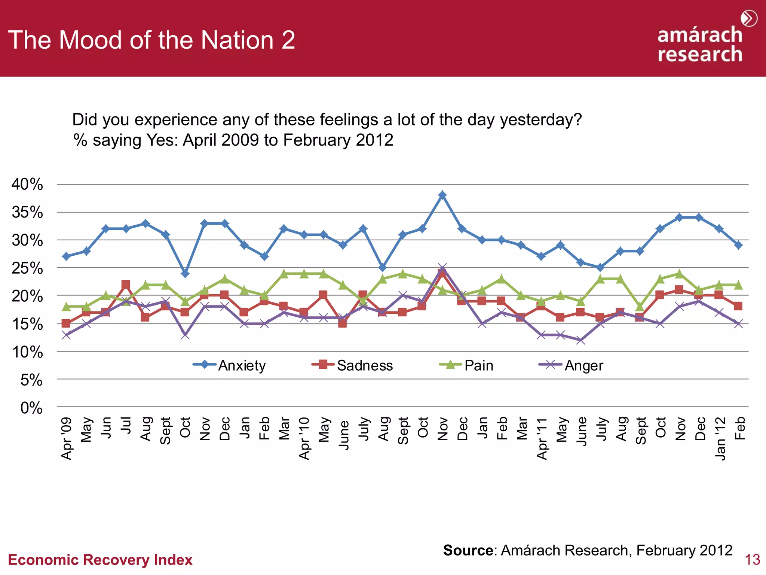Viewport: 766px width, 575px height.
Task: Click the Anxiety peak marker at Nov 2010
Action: pyautogui.click(x=442, y=195)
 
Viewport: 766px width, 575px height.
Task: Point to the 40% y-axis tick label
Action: pyautogui.click(x=27, y=184)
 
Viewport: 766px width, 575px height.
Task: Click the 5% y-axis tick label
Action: pyautogui.click(x=31, y=380)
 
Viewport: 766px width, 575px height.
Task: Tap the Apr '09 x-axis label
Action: pyautogui.click(x=67, y=438)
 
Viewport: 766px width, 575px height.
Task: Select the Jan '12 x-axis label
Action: pyautogui.click(x=720, y=438)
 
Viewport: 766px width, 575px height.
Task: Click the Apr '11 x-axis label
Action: pyautogui.click(x=542, y=438)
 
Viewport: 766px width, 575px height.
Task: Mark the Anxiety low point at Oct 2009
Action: pyautogui.click(x=185, y=274)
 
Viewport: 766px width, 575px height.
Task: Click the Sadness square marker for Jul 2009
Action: pyautogui.click(x=126, y=285)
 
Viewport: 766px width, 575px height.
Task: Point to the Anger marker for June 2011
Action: pyautogui.click(x=580, y=340)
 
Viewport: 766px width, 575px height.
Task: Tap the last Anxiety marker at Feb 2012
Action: pyautogui.click(x=738, y=245)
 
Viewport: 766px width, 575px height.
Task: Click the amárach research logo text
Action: pyautogui.click(x=699, y=44)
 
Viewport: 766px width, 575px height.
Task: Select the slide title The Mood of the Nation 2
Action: pyautogui.click(x=151, y=40)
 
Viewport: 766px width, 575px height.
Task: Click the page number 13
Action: pyautogui.click(x=752, y=560)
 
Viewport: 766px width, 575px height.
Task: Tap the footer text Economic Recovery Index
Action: pyautogui.click(x=100, y=560)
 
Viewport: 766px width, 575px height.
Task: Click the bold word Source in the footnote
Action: pyautogui.click(x=468, y=550)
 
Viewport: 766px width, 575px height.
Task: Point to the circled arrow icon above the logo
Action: pyautogui.click(x=749, y=18)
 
